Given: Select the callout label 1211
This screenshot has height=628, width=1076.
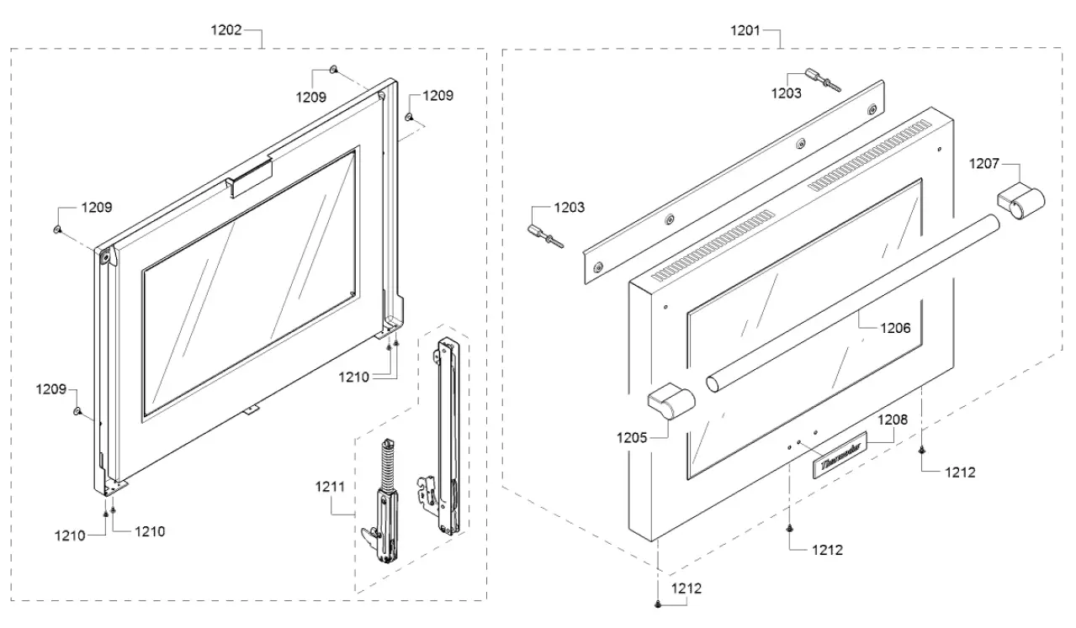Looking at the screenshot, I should click(x=331, y=486).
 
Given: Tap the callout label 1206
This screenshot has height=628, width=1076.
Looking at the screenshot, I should click(x=895, y=329).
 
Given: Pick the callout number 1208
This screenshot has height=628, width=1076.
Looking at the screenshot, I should click(x=894, y=417).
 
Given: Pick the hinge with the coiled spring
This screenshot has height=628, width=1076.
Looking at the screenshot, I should click(x=384, y=499).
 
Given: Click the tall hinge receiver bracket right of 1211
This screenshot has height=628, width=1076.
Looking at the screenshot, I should click(x=443, y=436).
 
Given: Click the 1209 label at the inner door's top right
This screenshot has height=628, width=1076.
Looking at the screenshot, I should click(x=437, y=96).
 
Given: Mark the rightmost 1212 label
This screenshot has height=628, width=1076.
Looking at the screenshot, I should click(x=959, y=472).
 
